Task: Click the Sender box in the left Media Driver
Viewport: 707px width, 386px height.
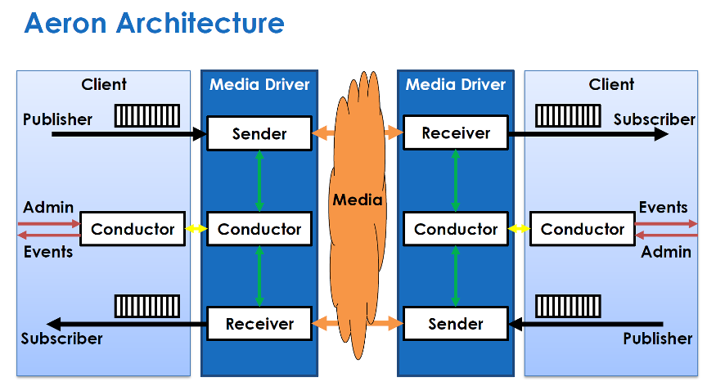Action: click(x=259, y=133)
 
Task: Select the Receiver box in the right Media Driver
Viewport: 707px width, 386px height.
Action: click(x=456, y=133)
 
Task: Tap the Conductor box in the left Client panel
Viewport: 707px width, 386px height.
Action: click(x=133, y=229)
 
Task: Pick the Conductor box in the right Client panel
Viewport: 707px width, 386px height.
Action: click(x=583, y=229)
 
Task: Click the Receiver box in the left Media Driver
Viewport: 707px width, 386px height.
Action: click(x=259, y=324)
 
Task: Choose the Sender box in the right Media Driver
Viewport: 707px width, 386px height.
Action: click(x=456, y=324)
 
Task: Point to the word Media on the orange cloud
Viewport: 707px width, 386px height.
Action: click(x=358, y=200)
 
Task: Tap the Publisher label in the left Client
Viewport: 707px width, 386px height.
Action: click(x=57, y=119)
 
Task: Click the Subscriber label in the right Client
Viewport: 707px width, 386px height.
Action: click(x=654, y=119)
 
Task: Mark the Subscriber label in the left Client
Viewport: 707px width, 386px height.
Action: click(x=62, y=339)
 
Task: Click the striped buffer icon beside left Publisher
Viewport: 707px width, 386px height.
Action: click(x=146, y=115)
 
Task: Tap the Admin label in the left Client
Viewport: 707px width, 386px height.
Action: click(x=48, y=208)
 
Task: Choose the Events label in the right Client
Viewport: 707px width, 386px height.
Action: click(x=663, y=208)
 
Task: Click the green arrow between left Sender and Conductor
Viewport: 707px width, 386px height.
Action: click(x=259, y=182)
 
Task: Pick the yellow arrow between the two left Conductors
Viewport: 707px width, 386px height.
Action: click(x=196, y=229)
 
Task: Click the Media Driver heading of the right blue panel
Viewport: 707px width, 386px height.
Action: click(x=456, y=84)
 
